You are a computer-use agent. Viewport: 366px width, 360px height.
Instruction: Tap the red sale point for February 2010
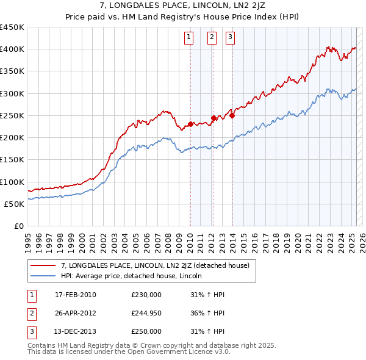190,124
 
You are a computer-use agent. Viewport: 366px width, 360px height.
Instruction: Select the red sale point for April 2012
213,118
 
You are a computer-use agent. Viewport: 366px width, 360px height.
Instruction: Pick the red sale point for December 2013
232,115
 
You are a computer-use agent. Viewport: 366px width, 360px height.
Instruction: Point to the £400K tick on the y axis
12,49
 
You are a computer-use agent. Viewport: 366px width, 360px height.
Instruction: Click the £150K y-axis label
12,160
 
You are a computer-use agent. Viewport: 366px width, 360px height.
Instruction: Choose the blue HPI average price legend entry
135,276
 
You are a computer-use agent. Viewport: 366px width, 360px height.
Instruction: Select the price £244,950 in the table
146,313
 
